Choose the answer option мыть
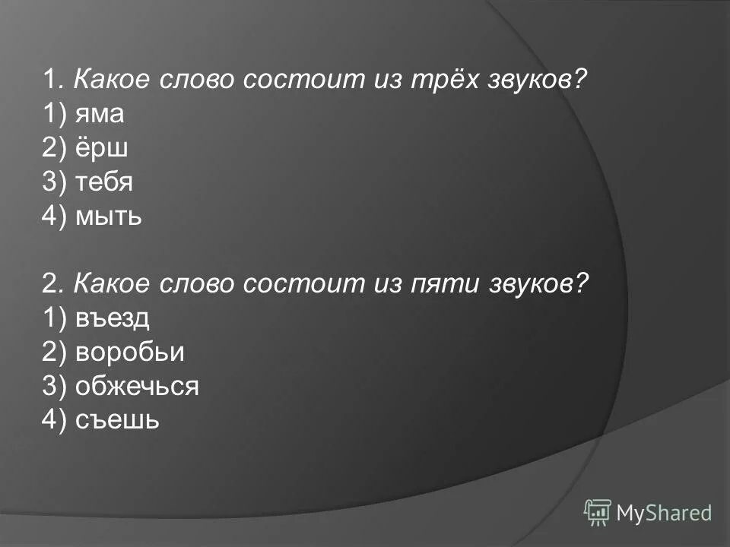pyautogui.click(x=109, y=217)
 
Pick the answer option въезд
pyautogui.click(x=113, y=318)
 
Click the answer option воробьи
pyautogui.click(x=129, y=353)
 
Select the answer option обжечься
pyautogui.click(x=137, y=387)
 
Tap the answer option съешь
pyautogui.click(x=117, y=420)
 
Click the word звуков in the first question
pyautogui.click(x=541, y=81)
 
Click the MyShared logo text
pyautogui.click(x=664, y=513)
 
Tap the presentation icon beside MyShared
pyautogui.click(x=598, y=512)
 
